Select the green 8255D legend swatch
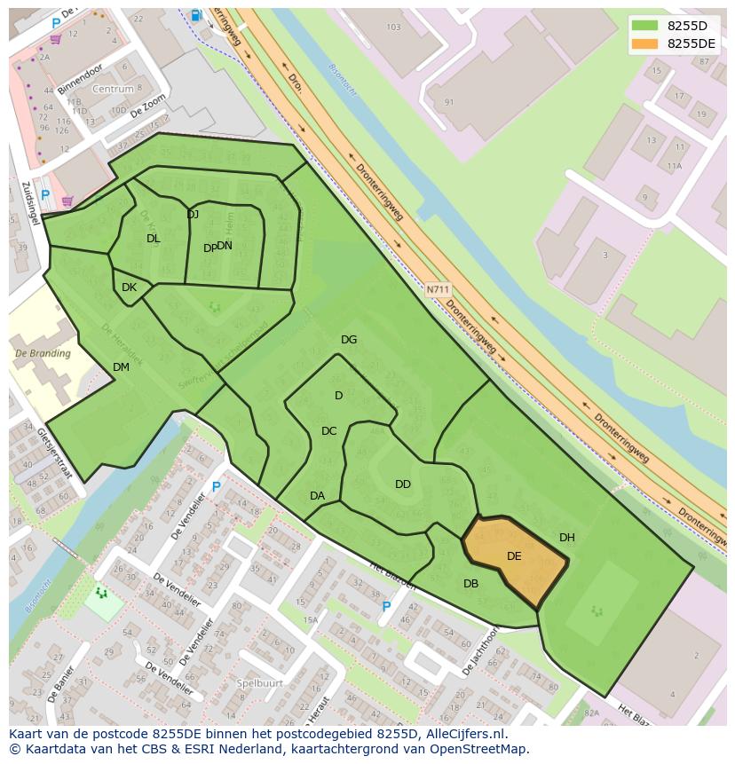(x=644, y=26)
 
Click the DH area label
(x=567, y=538)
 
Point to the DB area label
(x=470, y=584)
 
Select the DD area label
(x=403, y=484)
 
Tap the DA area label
(x=317, y=496)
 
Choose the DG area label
(x=349, y=340)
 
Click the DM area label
(x=121, y=367)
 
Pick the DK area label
(x=129, y=287)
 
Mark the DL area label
(x=154, y=239)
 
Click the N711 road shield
(x=438, y=289)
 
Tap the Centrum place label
(x=113, y=90)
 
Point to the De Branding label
(x=43, y=353)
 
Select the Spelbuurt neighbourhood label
(x=260, y=683)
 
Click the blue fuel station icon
(x=195, y=15)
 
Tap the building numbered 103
(x=394, y=28)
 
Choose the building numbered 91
(x=449, y=102)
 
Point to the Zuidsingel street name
(x=26, y=203)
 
